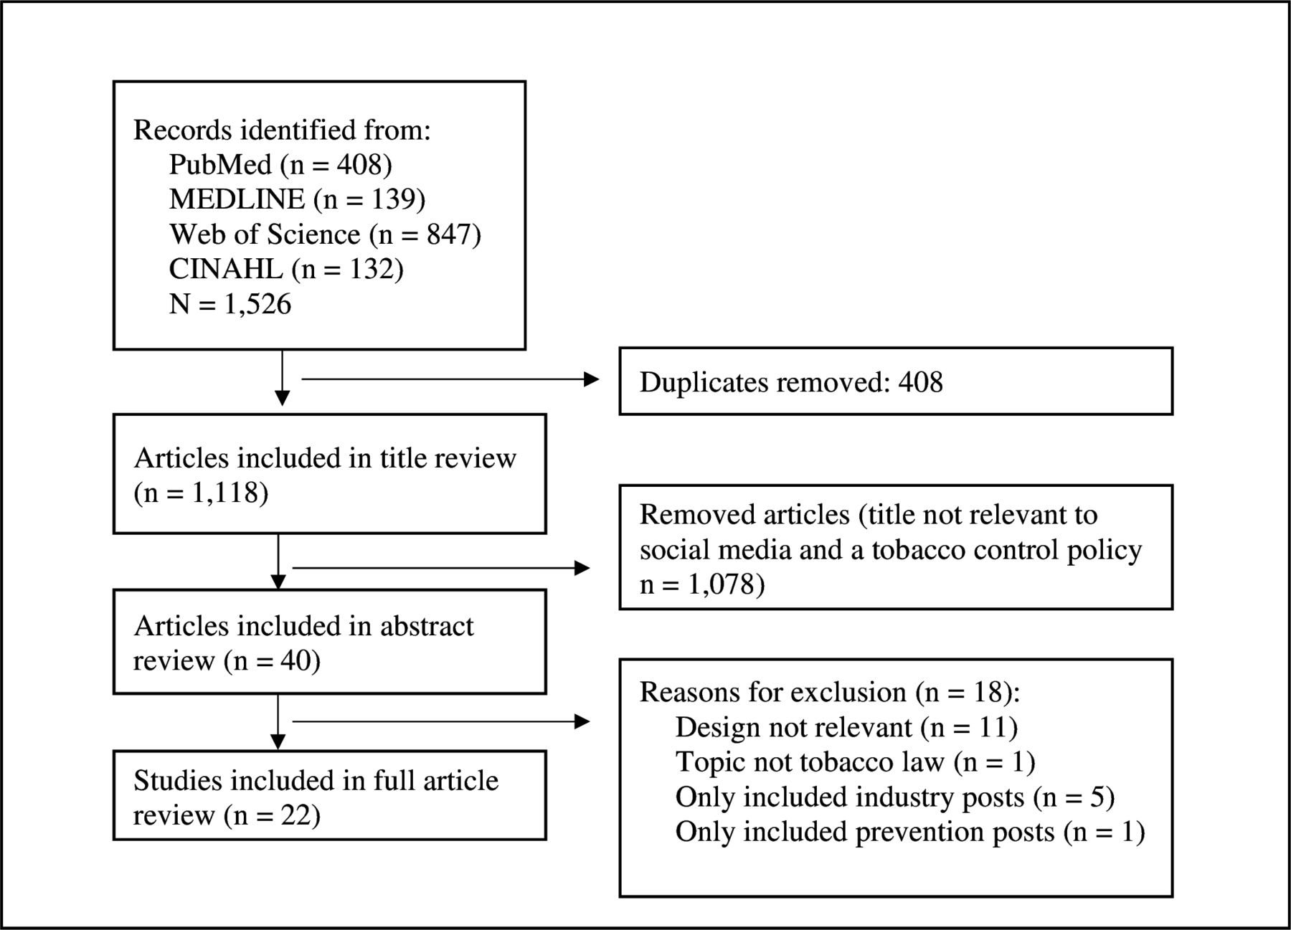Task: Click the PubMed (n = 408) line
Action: tap(280, 165)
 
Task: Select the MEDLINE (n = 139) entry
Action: tap(297, 199)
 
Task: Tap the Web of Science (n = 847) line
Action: tap(325, 234)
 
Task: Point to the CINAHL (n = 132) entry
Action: tap(286, 269)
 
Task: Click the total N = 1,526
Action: tap(230, 304)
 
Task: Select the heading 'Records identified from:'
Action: tap(282, 131)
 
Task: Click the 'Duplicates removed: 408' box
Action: tap(896, 381)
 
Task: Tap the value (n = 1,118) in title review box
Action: tap(201, 493)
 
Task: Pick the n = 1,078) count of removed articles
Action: tap(702, 584)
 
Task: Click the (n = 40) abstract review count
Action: tap(272, 660)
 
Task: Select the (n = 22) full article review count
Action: tap(272, 815)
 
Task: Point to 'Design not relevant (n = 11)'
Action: tap(846, 728)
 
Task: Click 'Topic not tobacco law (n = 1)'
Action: tap(855, 762)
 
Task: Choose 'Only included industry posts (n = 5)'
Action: tap(895, 797)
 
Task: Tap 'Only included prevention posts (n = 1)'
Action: tap(910, 832)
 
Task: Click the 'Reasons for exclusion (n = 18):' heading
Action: tap(830, 693)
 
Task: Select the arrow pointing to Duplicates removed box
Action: tap(450, 379)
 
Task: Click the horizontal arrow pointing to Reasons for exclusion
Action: tap(441, 721)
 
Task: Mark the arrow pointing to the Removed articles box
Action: tap(441, 568)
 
